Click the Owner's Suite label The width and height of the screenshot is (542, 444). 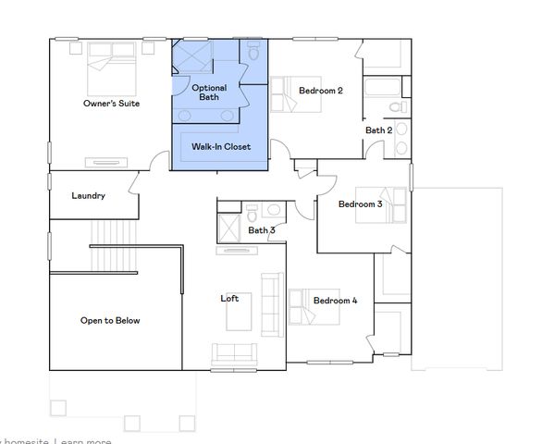coord(111,104)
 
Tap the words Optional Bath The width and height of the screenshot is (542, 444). coord(209,92)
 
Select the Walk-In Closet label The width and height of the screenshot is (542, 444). coord(220,146)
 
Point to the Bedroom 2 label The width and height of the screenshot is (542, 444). coord(321,91)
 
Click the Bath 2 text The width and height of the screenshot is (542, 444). coord(378,130)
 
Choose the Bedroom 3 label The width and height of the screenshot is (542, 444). coord(360,203)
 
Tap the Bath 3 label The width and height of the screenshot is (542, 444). coord(262,230)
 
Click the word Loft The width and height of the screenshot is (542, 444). coord(229,298)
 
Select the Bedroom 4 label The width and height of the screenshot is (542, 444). coord(335,301)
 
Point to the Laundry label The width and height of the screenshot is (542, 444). coord(89,196)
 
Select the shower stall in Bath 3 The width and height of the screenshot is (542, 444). coord(229,228)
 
